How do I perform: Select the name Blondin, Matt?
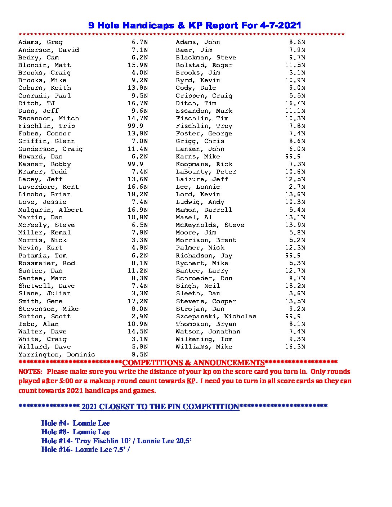[45, 65]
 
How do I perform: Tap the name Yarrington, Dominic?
[57, 355]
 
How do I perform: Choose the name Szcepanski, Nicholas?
[216, 317]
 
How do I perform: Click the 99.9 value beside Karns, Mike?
[293, 157]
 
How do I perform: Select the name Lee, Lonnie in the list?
[198, 187]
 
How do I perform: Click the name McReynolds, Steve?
[210, 225]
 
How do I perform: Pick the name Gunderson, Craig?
[50, 149]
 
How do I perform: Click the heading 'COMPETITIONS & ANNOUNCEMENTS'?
[193, 363]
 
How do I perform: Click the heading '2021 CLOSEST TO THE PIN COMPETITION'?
[160, 407]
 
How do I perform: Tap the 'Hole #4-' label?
[55, 423]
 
